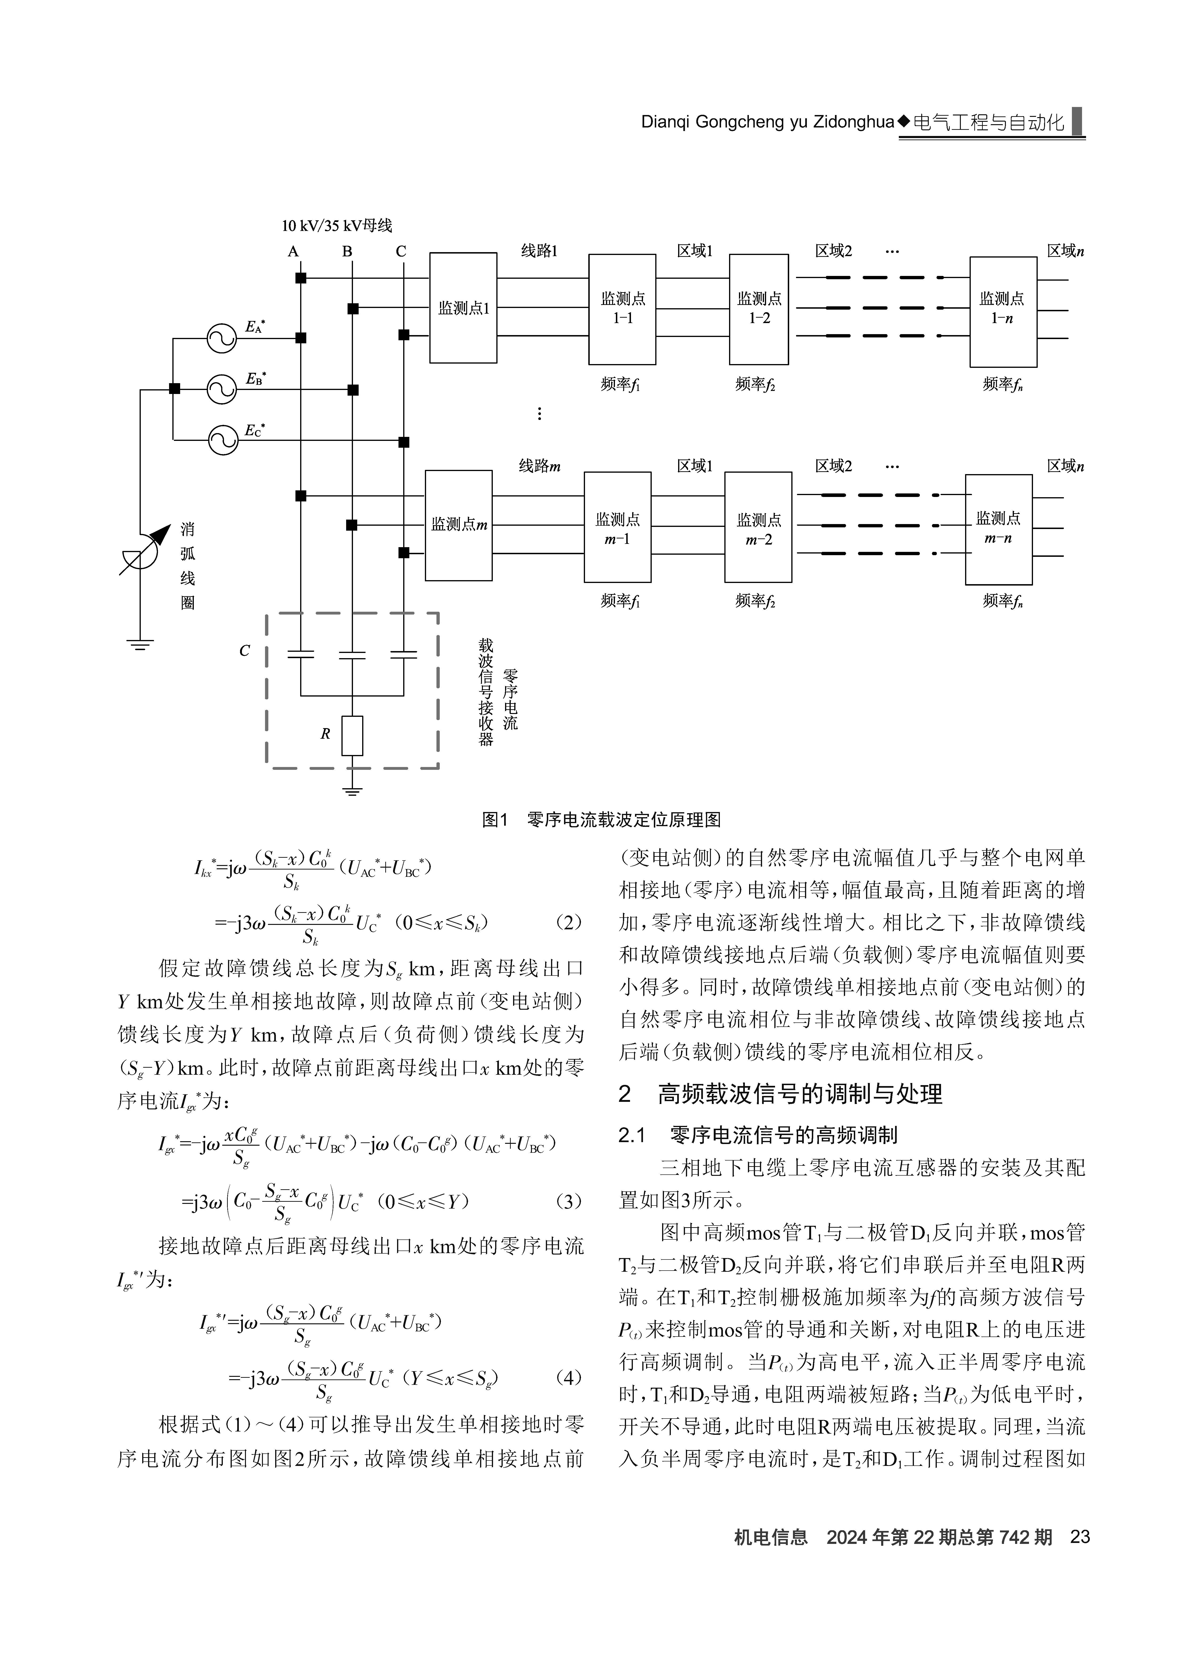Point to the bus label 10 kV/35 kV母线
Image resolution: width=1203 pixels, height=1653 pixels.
[337, 226]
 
